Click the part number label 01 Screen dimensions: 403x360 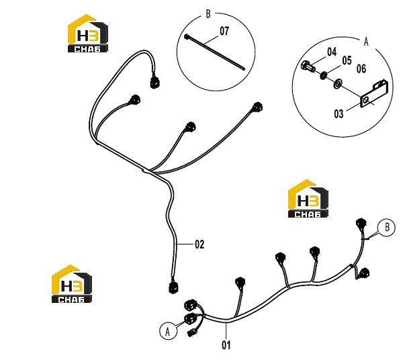coord(226,345)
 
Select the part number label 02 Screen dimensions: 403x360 coord(199,244)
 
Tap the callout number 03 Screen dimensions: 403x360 coord(339,114)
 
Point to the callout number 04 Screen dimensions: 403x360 coord(332,52)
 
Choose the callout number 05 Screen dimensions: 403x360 coord(347,60)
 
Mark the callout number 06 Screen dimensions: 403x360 coord(361,69)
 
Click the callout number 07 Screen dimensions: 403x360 coord(224,31)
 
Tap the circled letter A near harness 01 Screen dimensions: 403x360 coord(169,331)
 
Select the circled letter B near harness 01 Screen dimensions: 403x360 coord(387,228)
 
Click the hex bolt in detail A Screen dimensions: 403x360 coord(308,66)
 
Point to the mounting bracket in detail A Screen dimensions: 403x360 coord(373,93)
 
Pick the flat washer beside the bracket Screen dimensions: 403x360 coord(337,84)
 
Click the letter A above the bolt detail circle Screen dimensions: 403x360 coord(366,42)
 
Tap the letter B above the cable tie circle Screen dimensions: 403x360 coord(208,14)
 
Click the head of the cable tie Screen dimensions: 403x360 coord(187,37)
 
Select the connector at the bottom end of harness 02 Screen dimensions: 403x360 coord(174,287)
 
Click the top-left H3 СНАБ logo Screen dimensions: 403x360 coord(87,34)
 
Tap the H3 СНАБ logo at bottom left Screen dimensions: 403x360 coord(72,283)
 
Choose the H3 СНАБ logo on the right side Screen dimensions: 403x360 coord(308,199)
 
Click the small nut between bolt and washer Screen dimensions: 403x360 coord(323,75)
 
